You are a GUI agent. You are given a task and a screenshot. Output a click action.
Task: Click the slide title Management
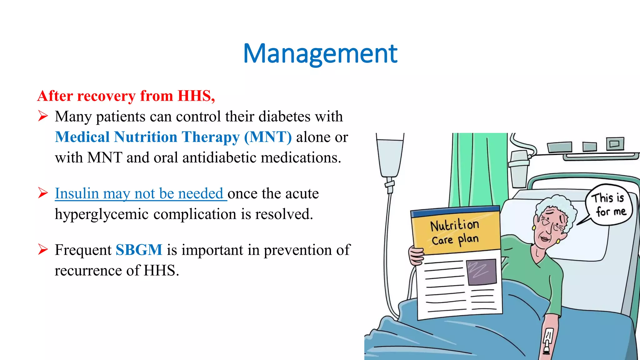pos(320,54)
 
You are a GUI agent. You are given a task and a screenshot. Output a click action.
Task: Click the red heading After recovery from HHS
pos(126,96)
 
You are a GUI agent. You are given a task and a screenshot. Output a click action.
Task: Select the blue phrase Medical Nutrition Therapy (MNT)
pos(173,137)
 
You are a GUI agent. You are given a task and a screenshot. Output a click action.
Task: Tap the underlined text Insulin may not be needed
pos(139,193)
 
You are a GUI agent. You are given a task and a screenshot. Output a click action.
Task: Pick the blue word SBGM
pos(139,250)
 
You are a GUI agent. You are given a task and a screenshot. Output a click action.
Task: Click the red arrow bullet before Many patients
pos(43,116)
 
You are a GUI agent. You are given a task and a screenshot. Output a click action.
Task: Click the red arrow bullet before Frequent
pos(43,250)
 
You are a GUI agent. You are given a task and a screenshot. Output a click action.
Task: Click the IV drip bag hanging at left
pos(389,156)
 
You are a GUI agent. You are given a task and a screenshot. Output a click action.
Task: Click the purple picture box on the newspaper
pos(481,272)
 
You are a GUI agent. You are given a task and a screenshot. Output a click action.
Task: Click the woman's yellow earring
pos(558,241)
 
